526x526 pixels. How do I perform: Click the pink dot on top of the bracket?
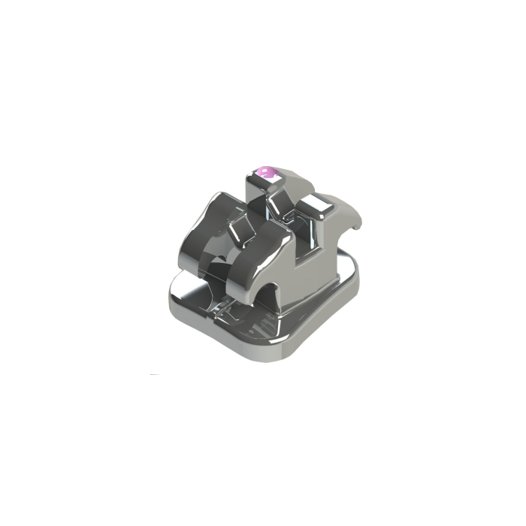pos(265,174)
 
